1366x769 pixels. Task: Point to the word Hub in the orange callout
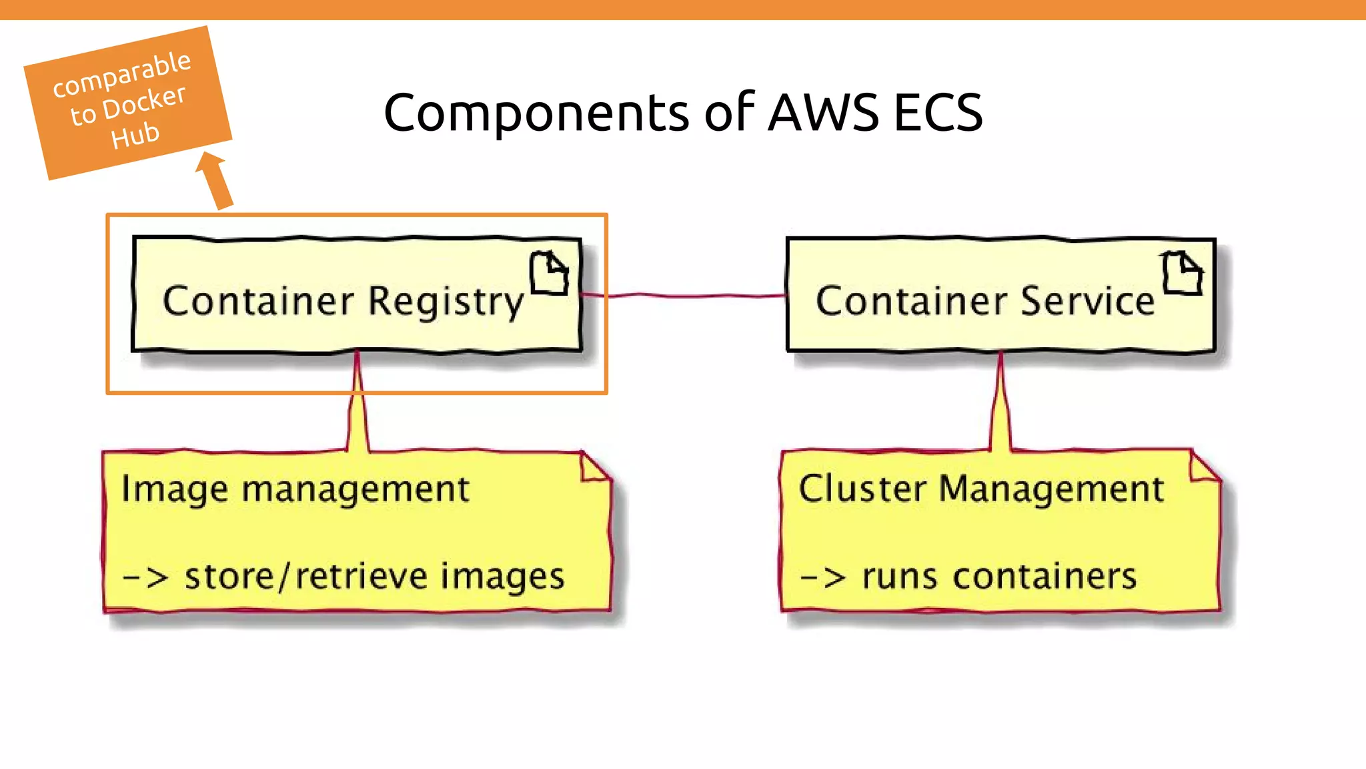pos(135,136)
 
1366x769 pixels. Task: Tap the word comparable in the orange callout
pos(122,73)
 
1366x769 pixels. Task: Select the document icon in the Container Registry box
pos(549,273)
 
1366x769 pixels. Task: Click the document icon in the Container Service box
pos(1182,273)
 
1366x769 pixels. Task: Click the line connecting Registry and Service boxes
pos(684,294)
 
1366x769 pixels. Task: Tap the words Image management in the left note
pos(295,489)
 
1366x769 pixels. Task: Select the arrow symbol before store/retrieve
pos(145,577)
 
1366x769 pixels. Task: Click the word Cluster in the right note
pos(862,489)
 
